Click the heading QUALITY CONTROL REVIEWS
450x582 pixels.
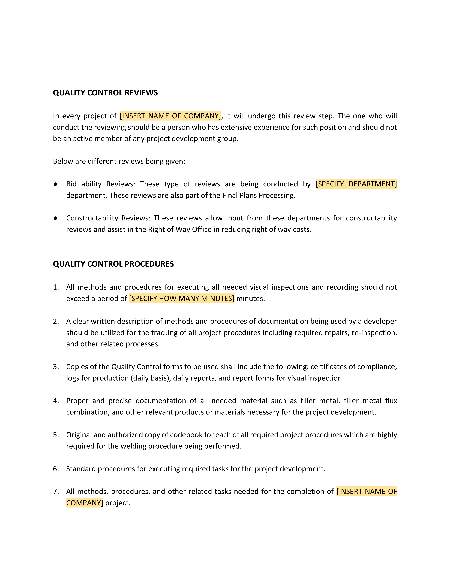coord(105,93)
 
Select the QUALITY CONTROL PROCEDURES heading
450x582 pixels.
coord(113,264)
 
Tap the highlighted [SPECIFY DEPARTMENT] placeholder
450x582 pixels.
coord(356,184)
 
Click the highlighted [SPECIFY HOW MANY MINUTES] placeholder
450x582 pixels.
coord(182,298)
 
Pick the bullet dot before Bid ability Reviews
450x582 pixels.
coord(55,184)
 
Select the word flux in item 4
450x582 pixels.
coord(391,401)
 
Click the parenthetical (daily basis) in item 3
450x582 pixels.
coord(151,378)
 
